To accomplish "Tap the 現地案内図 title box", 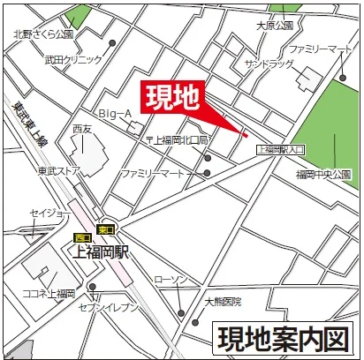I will [x=284, y=338].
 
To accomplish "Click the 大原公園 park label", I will [x=274, y=26].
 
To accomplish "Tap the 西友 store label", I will [x=83, y=129].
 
